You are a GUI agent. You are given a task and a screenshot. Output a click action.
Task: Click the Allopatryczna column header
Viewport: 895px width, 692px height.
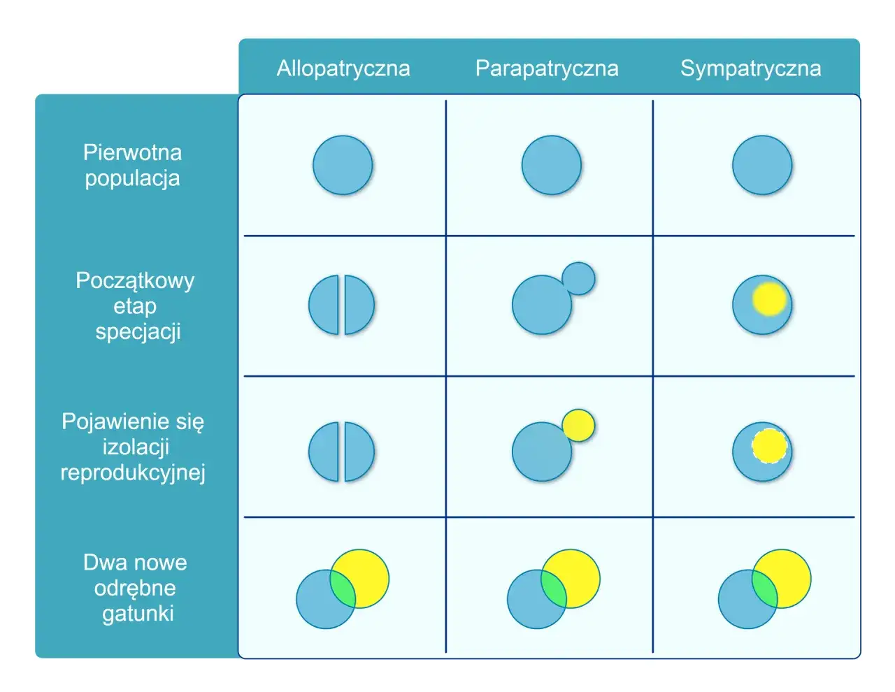[x=343, y=69]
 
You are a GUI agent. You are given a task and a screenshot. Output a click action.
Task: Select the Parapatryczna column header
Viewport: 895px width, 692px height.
[x=547, y=69]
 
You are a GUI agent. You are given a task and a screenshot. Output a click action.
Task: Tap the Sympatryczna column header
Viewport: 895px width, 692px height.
[x=750, y=69]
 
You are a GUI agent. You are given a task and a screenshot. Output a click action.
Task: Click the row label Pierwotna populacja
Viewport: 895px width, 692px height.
[x=133, y=166]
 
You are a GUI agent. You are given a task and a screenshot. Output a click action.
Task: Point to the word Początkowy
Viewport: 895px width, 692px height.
[x=135, y=281]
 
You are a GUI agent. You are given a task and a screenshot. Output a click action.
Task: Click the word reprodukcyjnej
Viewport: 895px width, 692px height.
[x=133, y=473]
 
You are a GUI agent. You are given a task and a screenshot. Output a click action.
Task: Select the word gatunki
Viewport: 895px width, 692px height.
[x=138, y=614]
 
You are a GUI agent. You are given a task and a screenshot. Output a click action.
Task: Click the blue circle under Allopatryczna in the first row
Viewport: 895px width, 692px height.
[x=343, y=165]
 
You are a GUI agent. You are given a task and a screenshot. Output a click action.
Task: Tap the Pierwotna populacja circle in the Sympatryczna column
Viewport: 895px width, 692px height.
[x=762, y=165]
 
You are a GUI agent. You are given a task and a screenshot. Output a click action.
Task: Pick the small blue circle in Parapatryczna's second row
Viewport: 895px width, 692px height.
[x=579, y=279]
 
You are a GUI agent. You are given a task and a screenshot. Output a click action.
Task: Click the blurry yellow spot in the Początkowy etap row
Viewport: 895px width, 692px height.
[x=769, y=299]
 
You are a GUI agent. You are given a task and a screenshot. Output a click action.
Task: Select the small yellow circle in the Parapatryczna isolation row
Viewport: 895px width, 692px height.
[x=579, y=426]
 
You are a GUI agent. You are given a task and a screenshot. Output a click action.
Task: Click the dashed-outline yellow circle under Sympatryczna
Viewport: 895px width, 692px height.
[x=769, y=446]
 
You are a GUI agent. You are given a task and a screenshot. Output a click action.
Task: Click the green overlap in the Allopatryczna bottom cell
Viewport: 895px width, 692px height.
[x=343, y=589]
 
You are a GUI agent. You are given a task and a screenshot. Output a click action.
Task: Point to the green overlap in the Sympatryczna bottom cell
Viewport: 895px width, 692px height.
[x=764, y=589]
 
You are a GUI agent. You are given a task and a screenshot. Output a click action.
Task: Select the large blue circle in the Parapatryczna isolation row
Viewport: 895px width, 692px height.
[x=542, y=452]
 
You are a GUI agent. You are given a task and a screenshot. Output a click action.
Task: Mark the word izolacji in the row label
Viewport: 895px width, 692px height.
[x=136, y=447]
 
